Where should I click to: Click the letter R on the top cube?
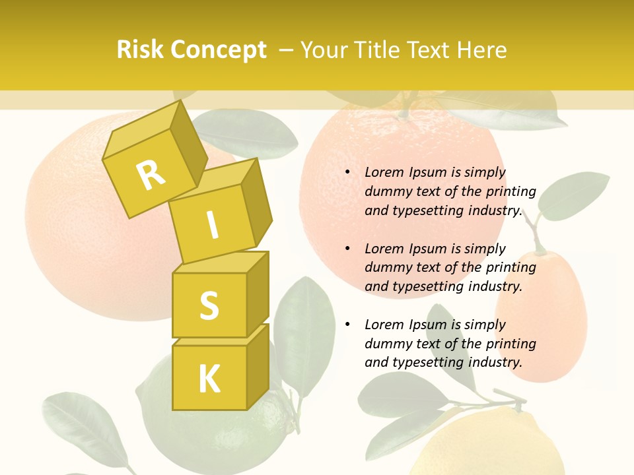coord(151,175)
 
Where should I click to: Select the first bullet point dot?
coord(347,172)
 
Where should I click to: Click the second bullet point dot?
coord(347,249)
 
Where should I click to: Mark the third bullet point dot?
coord(347,325)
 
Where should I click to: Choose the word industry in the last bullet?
coord(495,362)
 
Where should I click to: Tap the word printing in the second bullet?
coord(511,268)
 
